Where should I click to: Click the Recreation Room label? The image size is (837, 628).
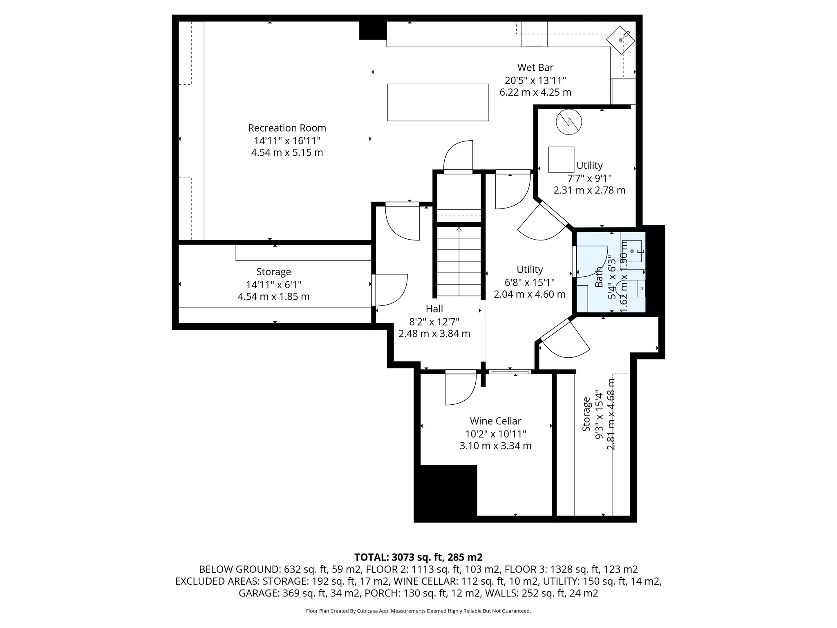[287, 128]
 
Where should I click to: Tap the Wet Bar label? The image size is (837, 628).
[535, 67]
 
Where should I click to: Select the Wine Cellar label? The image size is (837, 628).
[495, 421]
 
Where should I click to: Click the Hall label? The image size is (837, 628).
[434, 309]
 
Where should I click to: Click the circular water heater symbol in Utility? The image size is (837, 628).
[569, 122]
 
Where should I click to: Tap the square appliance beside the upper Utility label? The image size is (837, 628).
[561, 159]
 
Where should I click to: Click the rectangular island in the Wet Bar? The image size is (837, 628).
[438, 102]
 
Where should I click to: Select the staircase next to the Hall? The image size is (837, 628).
[459, 262]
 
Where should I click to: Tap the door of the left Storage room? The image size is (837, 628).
[389, 290]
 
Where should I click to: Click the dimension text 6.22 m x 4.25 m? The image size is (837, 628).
[535, 92]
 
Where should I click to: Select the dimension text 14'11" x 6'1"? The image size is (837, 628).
[273, 284]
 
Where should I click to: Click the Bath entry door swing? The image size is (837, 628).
[591, 261]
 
